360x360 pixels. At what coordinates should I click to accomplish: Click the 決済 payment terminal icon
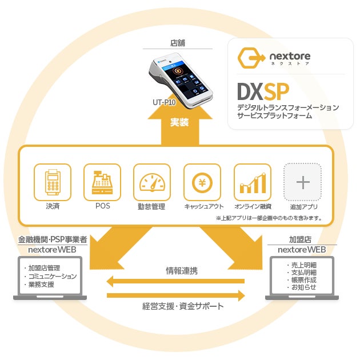[x=53, y=182]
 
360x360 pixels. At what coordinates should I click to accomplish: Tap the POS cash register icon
[x=103, y=182]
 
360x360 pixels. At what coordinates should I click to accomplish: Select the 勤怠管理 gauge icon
[x=152, y=182]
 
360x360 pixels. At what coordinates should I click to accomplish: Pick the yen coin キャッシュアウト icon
[x=202, y=182]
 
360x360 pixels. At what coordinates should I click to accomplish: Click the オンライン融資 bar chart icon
[x=252, y=182]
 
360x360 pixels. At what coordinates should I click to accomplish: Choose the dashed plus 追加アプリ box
[x=303, y=182]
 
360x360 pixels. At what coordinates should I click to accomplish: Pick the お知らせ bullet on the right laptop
[x=303, y=287]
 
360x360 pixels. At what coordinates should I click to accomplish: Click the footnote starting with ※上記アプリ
[x=269, y=218]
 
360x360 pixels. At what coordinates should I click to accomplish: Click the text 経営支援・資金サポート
[x=183, y=306]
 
